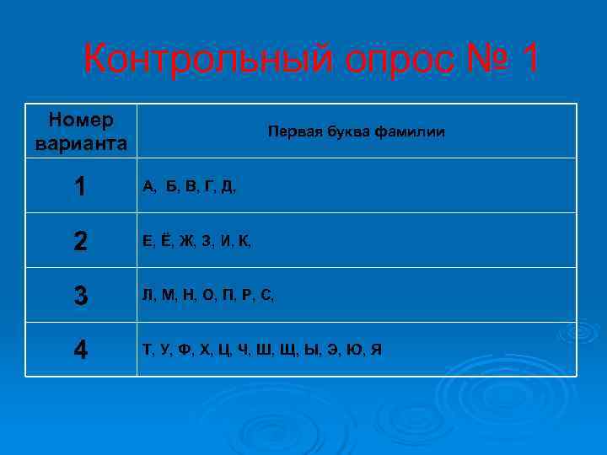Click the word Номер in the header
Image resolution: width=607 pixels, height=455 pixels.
click(x=82, y=121)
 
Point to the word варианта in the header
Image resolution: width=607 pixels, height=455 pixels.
click(x=82, y=142)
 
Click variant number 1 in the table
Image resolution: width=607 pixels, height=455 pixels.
click(x=81, y=186)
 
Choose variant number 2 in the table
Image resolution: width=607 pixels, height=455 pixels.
click(x=81, y=241)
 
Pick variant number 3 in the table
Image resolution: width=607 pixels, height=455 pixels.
click(x=81, y=296)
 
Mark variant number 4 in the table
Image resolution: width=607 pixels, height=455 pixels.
click(x=81, y=349)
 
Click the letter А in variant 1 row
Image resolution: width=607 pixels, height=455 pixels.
click(x=148, y=187)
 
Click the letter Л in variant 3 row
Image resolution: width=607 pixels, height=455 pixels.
click(x=148, y=296)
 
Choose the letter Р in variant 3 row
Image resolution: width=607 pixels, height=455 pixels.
click(x=247, y=296)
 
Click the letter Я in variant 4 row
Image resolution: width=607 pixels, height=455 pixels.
click(x=376, y=349)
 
